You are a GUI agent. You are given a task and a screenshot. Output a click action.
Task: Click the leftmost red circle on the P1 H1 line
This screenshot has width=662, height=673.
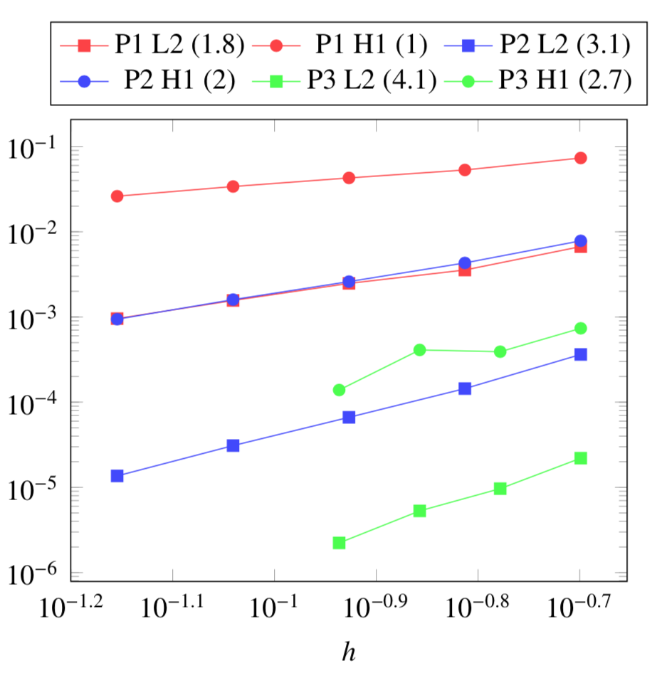(117, 196)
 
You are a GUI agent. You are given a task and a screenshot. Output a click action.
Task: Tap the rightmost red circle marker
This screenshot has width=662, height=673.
(580, 158)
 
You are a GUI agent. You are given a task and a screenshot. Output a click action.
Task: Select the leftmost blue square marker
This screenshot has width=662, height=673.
(117, 476)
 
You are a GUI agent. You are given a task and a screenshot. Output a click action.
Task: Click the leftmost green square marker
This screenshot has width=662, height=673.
(339, 543)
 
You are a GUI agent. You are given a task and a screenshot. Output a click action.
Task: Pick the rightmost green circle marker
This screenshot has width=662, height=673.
(580, 328)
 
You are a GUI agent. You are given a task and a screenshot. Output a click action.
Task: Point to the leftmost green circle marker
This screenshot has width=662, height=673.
(339, 390)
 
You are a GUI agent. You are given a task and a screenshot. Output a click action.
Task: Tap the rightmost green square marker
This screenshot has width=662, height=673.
(580, 458)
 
